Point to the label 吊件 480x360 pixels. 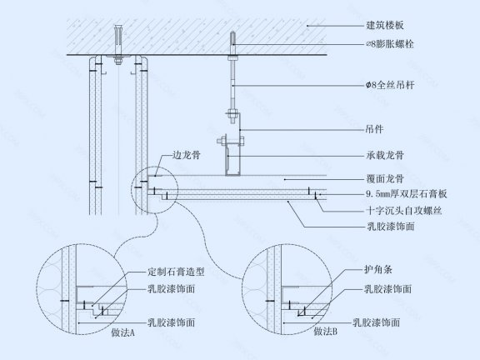click(353, 129)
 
